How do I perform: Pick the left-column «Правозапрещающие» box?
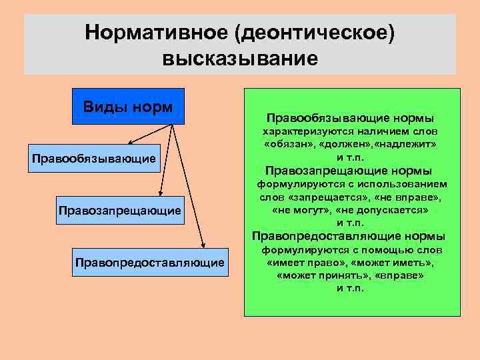coord(120,211)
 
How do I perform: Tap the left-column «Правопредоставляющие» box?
coord(150,263)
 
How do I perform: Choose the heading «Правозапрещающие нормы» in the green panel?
coord(349,170)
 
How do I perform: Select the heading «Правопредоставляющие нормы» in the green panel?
coord(349,236)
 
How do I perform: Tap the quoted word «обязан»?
coord(289,143)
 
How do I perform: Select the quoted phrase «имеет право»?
coord(299,263)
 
